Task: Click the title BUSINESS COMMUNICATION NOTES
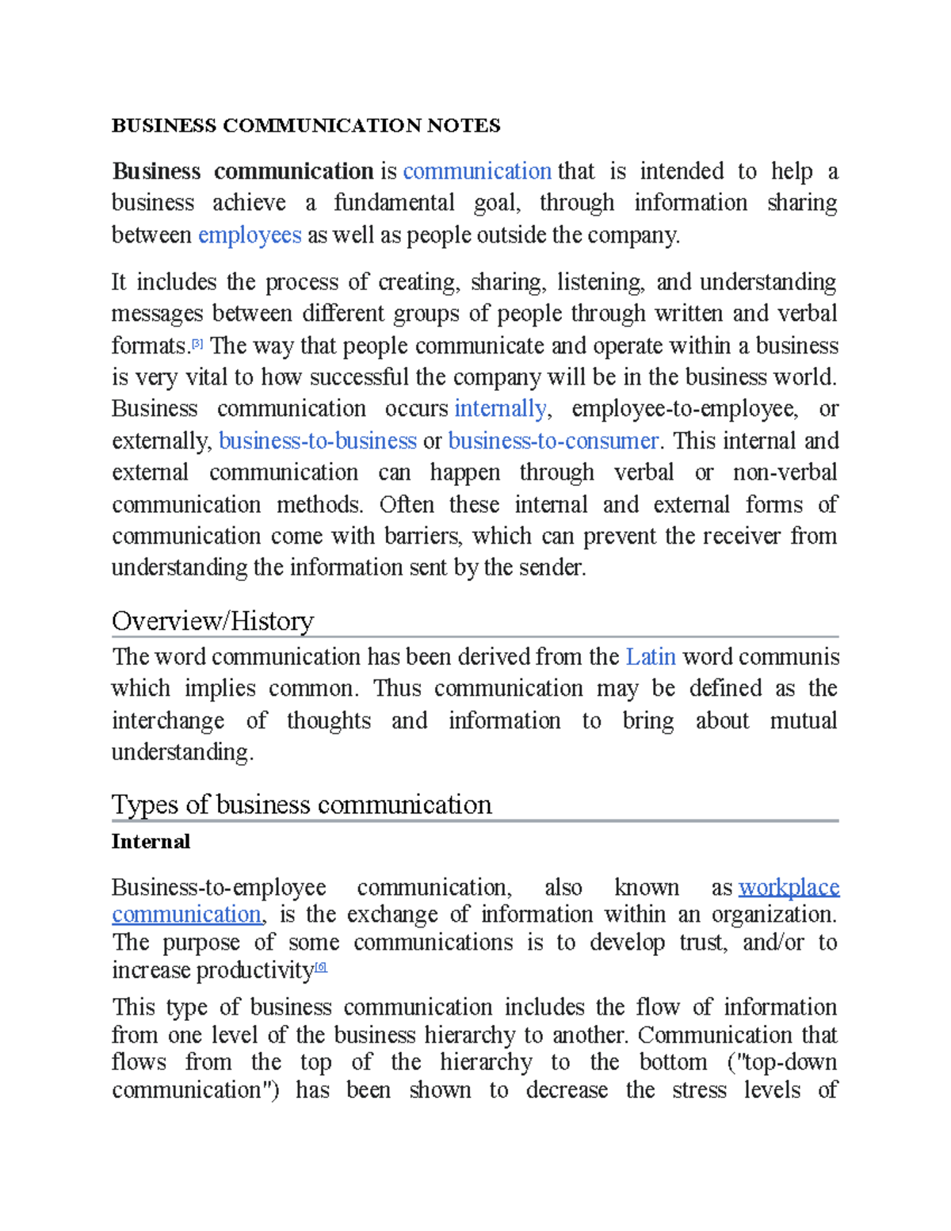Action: click(x=306, y=126)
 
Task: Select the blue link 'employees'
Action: click(x=250, y=235)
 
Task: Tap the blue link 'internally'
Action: click(x=500, y=409)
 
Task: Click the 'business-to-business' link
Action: click(x=317, y=441)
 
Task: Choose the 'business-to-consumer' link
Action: click(x=553, y=441)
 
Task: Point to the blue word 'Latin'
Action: click(x=650, y=657)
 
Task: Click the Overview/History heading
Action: click(x=212, y=621)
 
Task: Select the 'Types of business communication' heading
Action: click(x=301, y=805)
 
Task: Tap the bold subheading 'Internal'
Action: click(x=151, y=842)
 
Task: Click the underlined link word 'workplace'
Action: click(x=789, y=887)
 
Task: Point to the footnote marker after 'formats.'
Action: click(x=197, y=344)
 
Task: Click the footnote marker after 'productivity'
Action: click(x=321, y=967)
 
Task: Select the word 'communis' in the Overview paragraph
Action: click(x=800, y=657)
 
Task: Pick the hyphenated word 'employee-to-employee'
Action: click(x=684, y=409)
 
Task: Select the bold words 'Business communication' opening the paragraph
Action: click(x=243, y=172)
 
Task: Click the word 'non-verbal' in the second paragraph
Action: click(x=785, y=473)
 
